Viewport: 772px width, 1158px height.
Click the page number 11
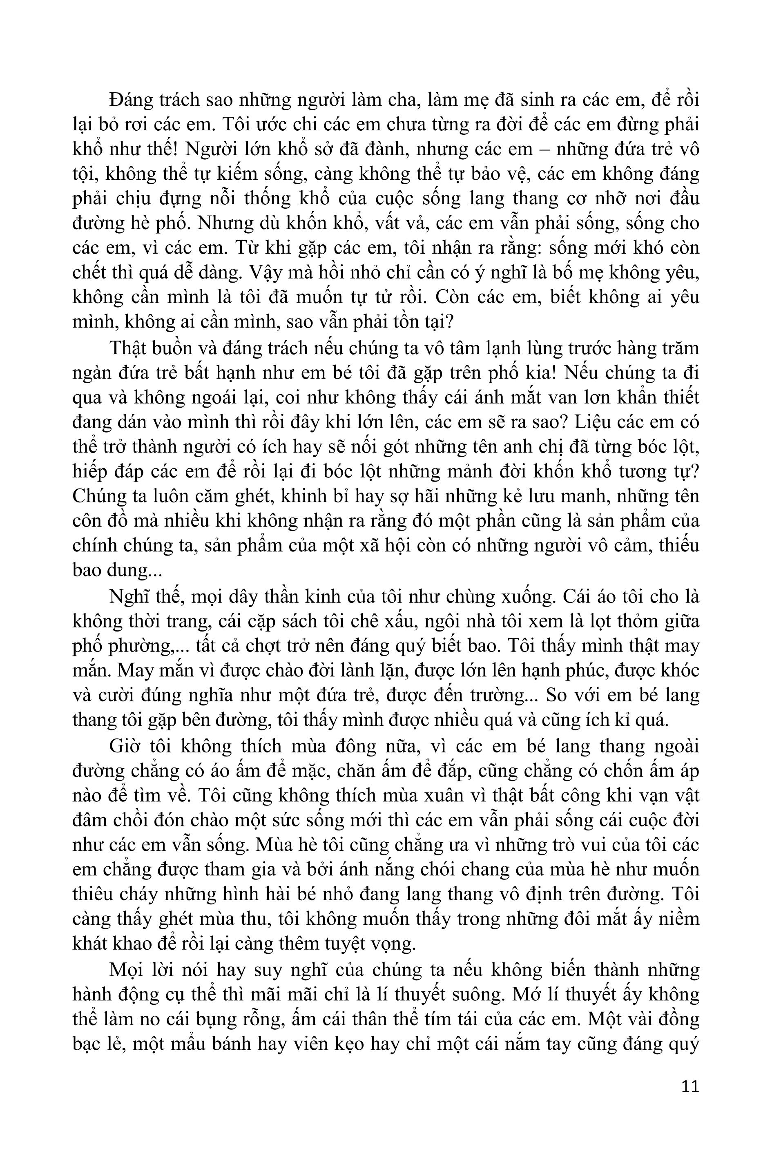tap(690, 1086)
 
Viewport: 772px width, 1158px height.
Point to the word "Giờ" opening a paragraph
tap(123, 746)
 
